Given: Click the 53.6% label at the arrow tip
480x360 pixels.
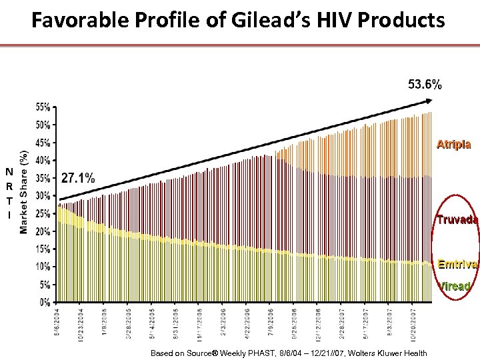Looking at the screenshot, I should [424, 84].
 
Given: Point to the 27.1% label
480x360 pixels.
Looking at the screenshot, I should [78, 178].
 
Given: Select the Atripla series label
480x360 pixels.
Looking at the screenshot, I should [453, 144].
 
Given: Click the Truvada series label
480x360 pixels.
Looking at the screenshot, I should [457, 220].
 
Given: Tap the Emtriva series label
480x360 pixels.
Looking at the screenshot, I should [457, 264].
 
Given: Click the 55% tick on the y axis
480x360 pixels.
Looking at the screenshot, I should [43, 107].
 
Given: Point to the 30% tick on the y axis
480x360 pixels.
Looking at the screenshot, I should [43, 196].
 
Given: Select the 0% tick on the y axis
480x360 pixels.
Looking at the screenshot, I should [45, 302].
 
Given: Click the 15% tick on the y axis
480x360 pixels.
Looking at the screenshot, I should [43, 249].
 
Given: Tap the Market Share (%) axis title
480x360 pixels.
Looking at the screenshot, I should [24, 192].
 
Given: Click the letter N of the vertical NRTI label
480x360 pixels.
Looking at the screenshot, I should [9, 172].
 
